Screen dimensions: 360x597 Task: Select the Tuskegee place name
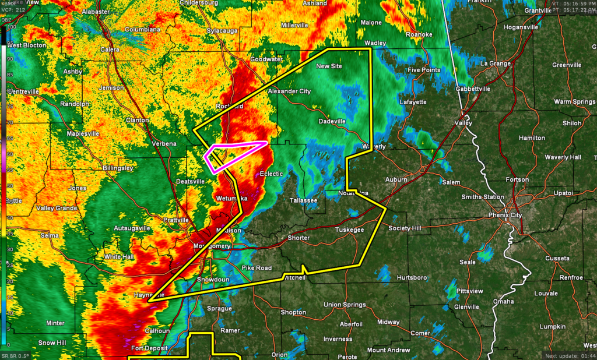(x=349, y=230)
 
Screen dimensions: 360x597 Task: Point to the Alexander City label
(x=289, y=91)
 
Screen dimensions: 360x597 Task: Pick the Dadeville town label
(x=332, y=121)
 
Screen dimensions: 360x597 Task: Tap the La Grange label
(x=495, y=63)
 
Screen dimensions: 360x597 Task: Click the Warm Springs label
(x=574, y=101)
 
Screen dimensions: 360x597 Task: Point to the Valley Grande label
(x=58, y=208)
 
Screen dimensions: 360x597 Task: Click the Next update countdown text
(x=570, y=355)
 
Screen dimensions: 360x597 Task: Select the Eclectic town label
(x=271, y=174)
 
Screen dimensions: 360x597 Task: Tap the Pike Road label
(x=257, y=267)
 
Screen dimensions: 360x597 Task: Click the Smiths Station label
(x=483, y=197)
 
